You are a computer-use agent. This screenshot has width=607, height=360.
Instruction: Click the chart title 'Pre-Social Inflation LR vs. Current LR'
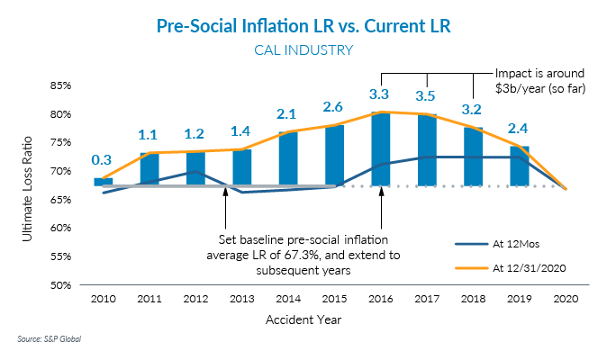[303, 27]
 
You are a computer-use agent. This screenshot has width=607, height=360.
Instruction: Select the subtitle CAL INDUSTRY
[303, 50]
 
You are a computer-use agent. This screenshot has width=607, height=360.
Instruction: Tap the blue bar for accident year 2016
[382, 148]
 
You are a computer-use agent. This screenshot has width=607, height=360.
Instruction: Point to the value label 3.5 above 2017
[428, 94]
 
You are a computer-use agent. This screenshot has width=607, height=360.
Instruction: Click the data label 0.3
[102, 160]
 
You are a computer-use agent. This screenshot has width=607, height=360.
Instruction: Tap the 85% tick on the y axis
[59, 85]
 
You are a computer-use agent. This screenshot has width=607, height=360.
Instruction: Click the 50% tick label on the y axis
[59, 284]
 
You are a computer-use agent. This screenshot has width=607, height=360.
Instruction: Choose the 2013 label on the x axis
[242, 299]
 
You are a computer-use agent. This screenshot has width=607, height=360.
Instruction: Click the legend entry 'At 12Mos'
[516, 243]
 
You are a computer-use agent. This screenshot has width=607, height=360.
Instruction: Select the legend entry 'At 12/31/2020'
[530, 267]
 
